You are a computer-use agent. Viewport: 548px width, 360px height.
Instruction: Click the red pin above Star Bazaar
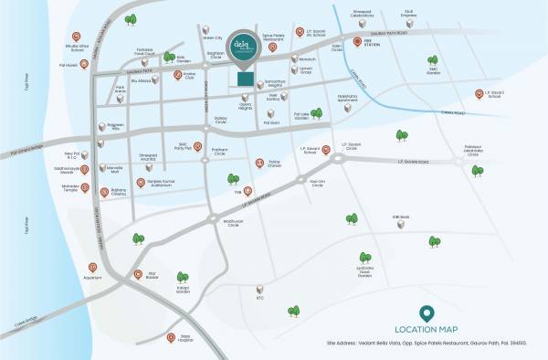pyautogui.click(x=139, y=274)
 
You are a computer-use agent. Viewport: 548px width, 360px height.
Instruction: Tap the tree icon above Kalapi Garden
pyautogui.click(x=182, y=277)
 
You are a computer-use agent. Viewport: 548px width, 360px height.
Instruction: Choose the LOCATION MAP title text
pyautogui.click(x=426, y=329)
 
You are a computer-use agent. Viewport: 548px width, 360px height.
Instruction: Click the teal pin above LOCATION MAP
pyautogui.click(x=426, y=312)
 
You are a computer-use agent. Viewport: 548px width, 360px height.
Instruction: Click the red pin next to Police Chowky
pyautogui.click(x=260, y=164)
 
